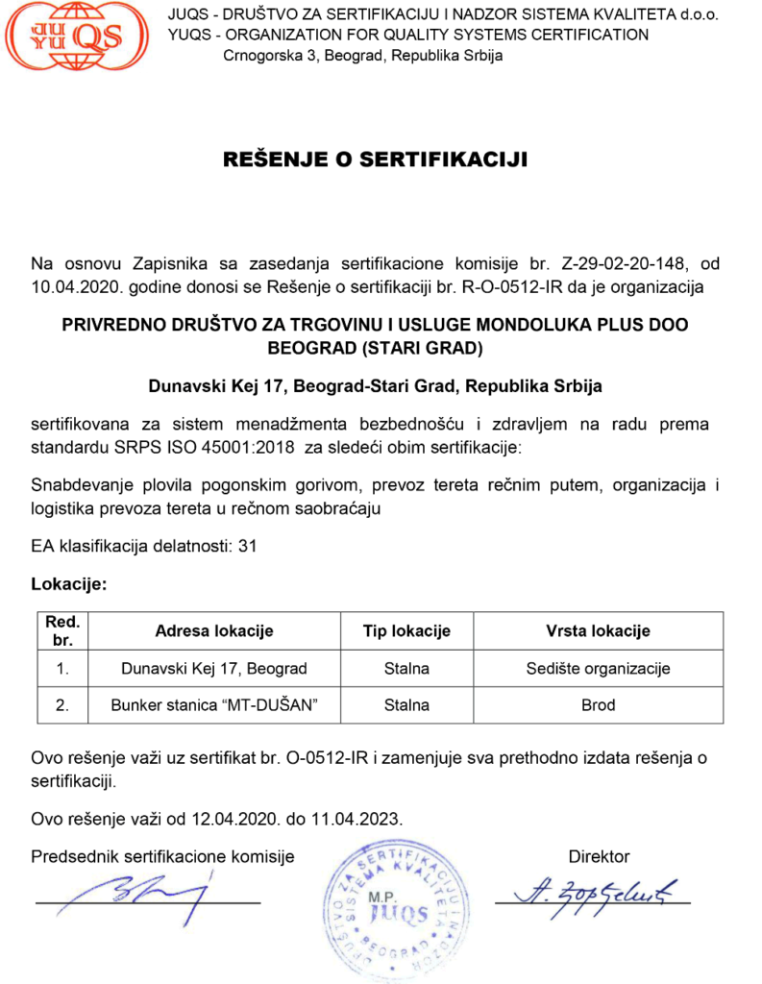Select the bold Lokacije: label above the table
(x=68, y=583)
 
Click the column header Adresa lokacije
(x=213, y=631)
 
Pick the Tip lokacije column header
(x=406, y=631)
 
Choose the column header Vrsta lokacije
(x=598, y=631)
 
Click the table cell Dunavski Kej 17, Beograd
(x=213, y=669)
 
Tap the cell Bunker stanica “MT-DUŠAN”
(x=213, y=705)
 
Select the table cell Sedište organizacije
(x=598, y=669)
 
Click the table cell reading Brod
(x=598, y=705)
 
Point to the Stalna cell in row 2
(x=406, y=705)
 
